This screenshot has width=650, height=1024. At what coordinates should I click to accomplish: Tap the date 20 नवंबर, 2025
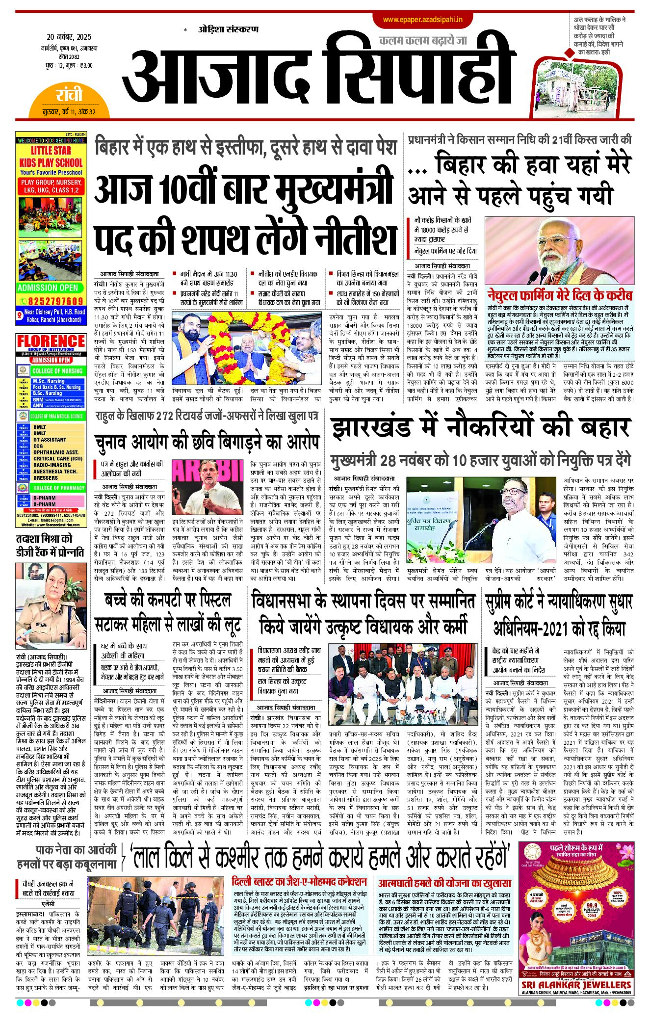[x=69, y=37]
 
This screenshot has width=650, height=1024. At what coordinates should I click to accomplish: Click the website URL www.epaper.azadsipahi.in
[x=422, y=20]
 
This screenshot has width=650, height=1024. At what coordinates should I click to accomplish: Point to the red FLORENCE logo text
[x=51, y=341]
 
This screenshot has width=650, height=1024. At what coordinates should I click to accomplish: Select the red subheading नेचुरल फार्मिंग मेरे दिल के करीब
[x=559, y=295]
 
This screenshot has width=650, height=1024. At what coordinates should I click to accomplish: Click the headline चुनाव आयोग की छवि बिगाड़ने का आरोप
[x=207, y=442]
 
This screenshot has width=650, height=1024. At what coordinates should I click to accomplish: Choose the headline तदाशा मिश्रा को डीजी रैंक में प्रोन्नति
[x=51, y=545]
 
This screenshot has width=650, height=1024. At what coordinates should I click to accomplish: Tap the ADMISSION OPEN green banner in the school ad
[x=48, y=288]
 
